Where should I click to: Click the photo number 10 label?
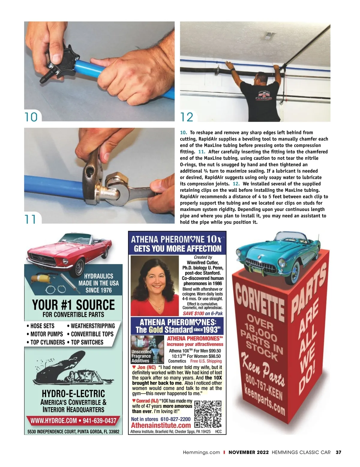(31, 117)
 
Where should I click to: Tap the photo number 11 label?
(30, 219)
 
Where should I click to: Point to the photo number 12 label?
(187, 117)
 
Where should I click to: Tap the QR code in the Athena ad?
(208, 414)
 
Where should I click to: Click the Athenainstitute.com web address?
(161, 425)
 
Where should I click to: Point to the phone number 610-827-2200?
(175, 419)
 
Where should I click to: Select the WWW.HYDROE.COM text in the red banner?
(53, 421)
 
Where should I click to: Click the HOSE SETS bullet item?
(40, 326)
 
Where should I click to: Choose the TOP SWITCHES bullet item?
(85, 342)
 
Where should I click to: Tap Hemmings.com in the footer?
(201, 452)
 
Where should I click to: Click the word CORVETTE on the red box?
(260, 299)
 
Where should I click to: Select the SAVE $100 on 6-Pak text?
(203, 313)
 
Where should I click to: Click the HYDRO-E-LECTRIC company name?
(73, 394)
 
